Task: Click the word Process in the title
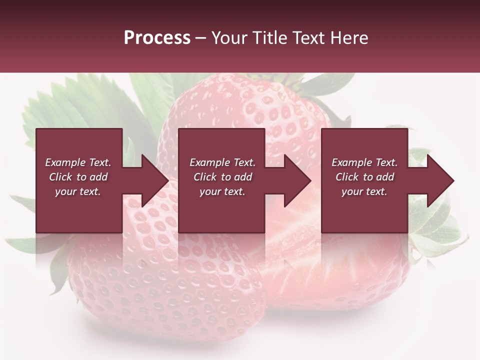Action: [x=157, y=38]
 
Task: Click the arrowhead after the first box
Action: [x=153, y=180]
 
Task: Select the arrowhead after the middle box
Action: [x=295, y=180]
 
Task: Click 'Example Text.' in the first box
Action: [x=78, y=162]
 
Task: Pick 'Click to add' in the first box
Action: [x=78, y=177]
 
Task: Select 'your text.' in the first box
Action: [x=78, y=191]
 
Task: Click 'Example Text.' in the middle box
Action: [x=222, y=162]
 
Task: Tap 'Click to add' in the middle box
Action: [x=222, y=177]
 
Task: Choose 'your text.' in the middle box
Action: [x=222, y=191]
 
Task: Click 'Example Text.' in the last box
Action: [x=364, y=162]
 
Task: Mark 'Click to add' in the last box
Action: [x=364, y=177]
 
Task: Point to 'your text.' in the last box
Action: [x=364, y=191]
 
